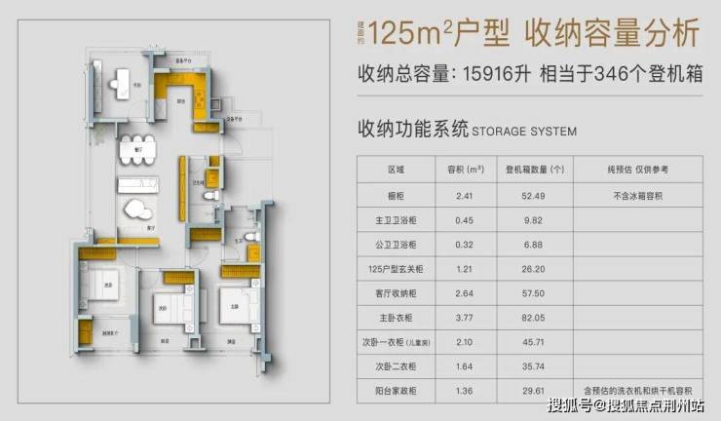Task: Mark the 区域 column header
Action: pos(394,170)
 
